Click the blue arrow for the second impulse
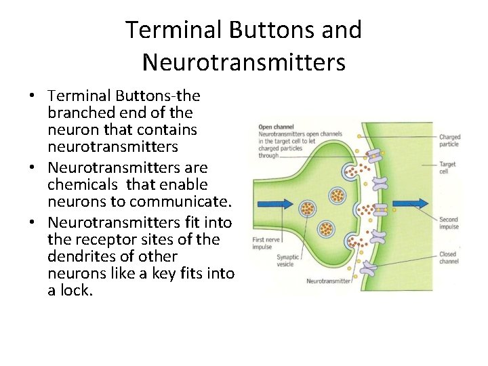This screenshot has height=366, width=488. (x=411, y=203)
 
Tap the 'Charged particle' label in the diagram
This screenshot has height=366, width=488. (x=449, y=140)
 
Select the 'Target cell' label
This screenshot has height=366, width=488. (x=447, y=167)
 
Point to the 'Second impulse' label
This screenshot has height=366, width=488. (x=449, y=223)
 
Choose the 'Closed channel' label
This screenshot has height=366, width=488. (x=449, y=258)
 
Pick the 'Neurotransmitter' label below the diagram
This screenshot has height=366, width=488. (x=329, y=281)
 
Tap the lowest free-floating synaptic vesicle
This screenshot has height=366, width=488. (x=327, y=228)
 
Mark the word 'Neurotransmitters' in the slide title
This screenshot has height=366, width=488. (x=244, y=62)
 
